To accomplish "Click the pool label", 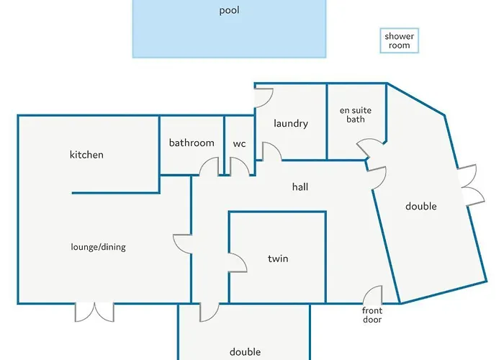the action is pos(229,10).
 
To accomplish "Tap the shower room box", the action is pos(399,40).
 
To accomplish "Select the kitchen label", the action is pos(86,155).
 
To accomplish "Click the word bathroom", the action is pos(192,143).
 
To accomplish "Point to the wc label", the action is pos(240,143).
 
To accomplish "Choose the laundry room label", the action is pos(291,123).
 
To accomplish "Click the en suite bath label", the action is pos(356,114).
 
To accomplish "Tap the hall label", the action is pos(300,186).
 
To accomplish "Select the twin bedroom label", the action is pos(278,258).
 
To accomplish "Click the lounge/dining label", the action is pos(99,247).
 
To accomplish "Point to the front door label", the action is pos(372,315).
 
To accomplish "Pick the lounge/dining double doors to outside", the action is pos(94,312).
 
